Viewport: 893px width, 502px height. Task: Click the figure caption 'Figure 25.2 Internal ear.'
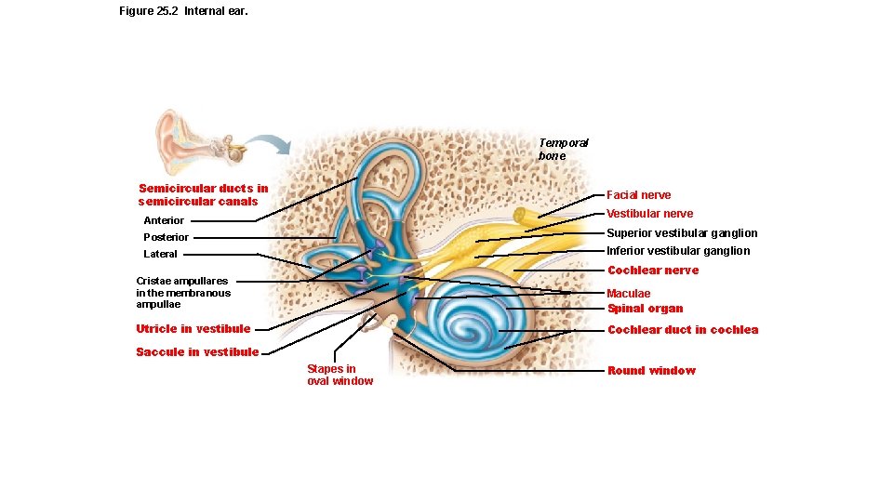pos(183,11)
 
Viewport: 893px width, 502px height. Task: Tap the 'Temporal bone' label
pos(563,150)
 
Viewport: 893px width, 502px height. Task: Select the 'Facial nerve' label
pos(638,195)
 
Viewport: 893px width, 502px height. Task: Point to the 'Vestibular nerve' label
pos(649,214)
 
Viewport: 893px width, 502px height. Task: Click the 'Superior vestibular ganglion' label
pos(682,233)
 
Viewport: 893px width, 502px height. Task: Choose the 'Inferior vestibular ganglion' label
pos(678,251)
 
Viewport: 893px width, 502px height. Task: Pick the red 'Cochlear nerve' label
pos(652,271)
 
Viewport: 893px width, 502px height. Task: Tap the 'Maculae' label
pos(629,294)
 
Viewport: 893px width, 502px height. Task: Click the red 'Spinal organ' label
pos(645,309)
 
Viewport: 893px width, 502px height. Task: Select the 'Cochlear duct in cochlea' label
pos(682,330)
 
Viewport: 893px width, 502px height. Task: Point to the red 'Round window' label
pos(651,371)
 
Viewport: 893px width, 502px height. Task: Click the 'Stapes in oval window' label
pos(340,375)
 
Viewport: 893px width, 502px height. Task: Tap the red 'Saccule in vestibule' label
pos(197,352)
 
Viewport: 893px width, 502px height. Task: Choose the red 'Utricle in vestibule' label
pos(193,329)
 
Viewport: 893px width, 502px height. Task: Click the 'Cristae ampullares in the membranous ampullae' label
pos(182,293)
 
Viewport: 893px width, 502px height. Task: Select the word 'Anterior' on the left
pos(164,221)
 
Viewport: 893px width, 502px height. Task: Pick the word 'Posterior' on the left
pos(166,238)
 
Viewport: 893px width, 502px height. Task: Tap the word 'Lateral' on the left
pos(160,255)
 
